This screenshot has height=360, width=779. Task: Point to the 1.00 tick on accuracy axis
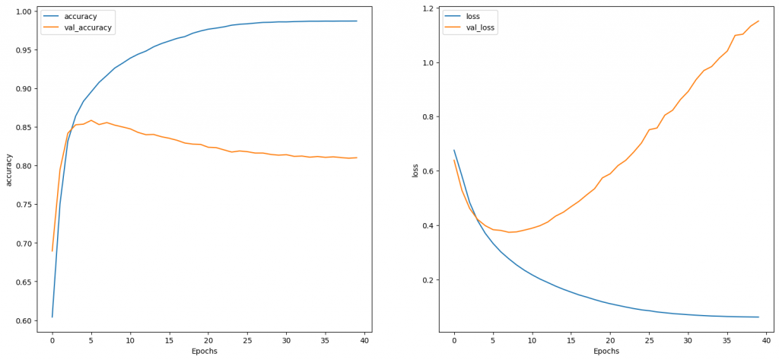tap(23, 11)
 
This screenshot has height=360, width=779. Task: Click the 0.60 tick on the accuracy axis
tap(23, 321)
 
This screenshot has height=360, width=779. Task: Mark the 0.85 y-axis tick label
tap(23, 128)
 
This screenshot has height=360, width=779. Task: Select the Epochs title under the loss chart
tap(606, 351)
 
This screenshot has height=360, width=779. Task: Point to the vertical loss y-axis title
tap(415, 170)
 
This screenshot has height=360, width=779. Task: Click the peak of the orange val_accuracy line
tap(91, 120)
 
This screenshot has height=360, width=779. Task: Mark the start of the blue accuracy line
tap(52, 317)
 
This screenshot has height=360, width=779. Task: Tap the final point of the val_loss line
tap(758, 21)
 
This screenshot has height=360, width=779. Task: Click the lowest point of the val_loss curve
tap(509, 232)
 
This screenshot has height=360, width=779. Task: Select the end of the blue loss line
tap(758, 317)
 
